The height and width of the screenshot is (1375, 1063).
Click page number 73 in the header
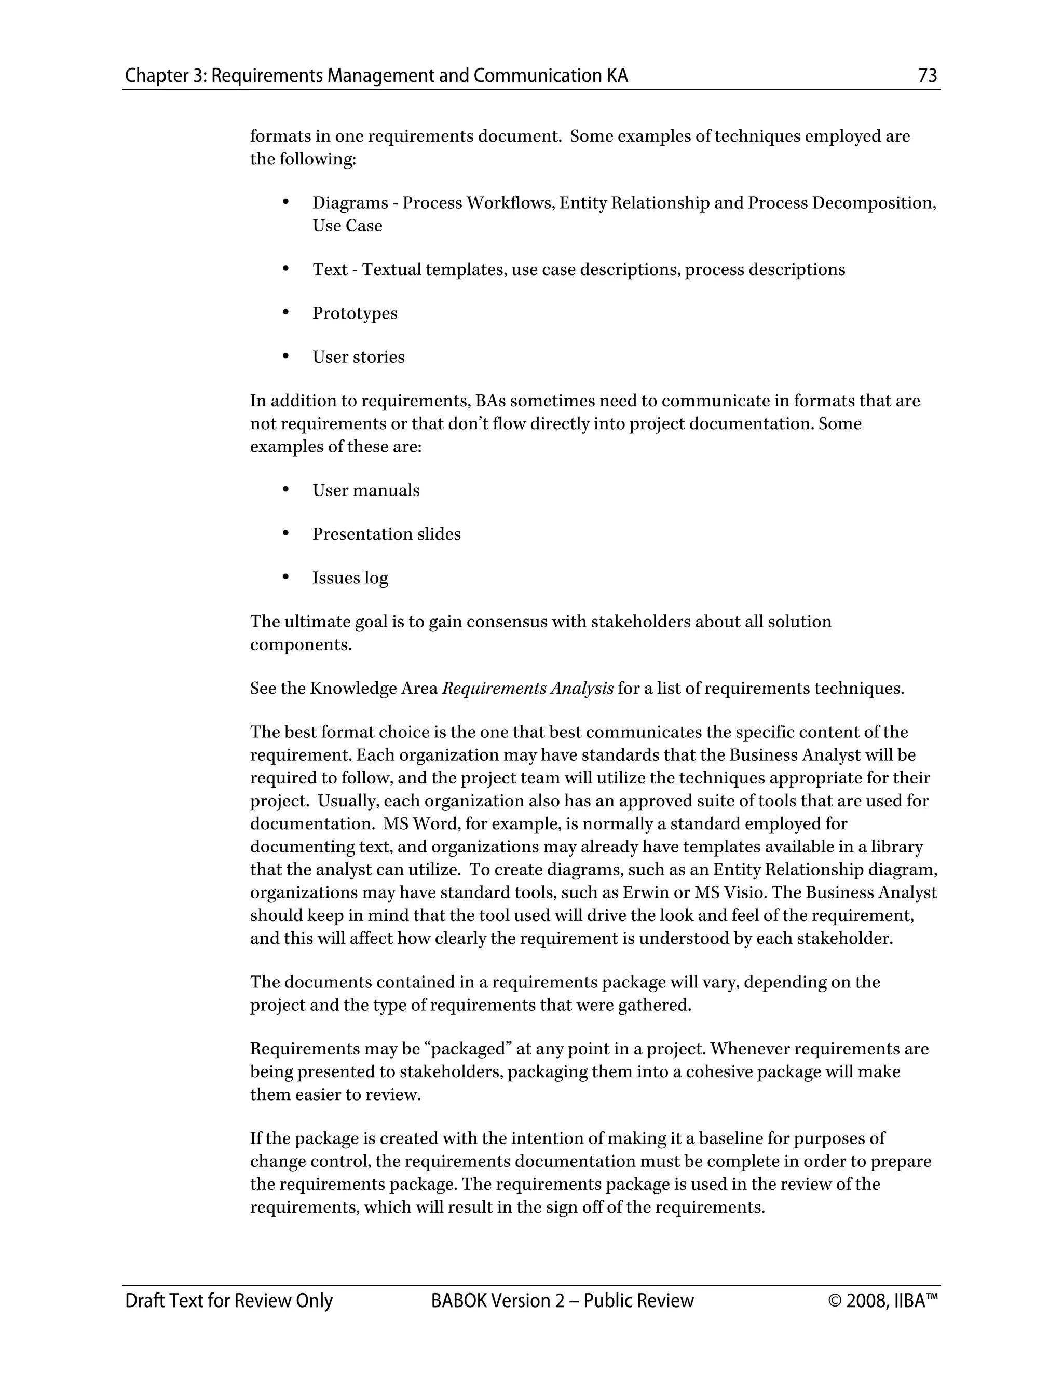coord(928,76)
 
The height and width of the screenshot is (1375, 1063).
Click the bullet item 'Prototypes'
coord(355,313)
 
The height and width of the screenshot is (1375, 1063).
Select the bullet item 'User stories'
coord(358,357)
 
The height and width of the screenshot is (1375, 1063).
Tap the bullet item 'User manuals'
coord(366,490)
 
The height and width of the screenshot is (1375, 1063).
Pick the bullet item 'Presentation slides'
coord(386,534)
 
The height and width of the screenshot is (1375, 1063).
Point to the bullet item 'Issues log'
coord(350,578)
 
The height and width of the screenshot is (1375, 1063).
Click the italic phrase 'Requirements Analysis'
coord(527,688)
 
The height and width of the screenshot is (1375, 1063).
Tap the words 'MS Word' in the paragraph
coord(419,824)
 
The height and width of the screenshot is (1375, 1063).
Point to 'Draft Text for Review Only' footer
coord(228,1301)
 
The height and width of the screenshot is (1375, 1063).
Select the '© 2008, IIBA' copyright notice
coord(883,1301)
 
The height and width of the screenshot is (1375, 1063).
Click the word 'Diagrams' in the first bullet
coord(350,203)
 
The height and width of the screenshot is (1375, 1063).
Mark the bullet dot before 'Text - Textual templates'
coord(285,269)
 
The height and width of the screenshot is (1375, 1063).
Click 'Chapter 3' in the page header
coord(165,76)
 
